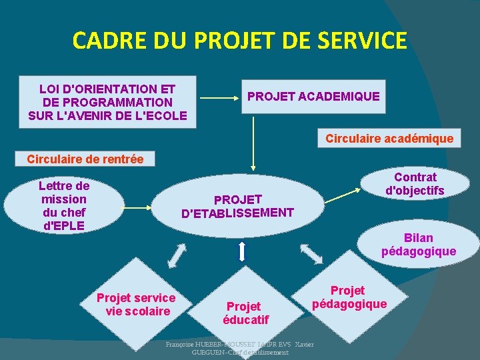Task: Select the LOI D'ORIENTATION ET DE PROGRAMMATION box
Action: pyautogui.click(x=108, y=102)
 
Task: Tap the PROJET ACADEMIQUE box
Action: pyautogui.click(x=313, y=97)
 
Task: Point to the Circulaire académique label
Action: pyautogui.click(x=389, y=139)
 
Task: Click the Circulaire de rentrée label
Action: pyautogui.click(x=85, y=159)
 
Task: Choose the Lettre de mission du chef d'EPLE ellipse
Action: pyautogui.click(x=64, y=205)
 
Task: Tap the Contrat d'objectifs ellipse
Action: pyautogui.click(x=415, y=184)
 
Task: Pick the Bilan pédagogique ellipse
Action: pyautogui.click(x=419, y=245)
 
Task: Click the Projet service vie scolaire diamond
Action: pyautogui.click(x=136, y=305)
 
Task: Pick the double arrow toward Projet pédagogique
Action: pyautogui.click(x=311, y=253)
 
